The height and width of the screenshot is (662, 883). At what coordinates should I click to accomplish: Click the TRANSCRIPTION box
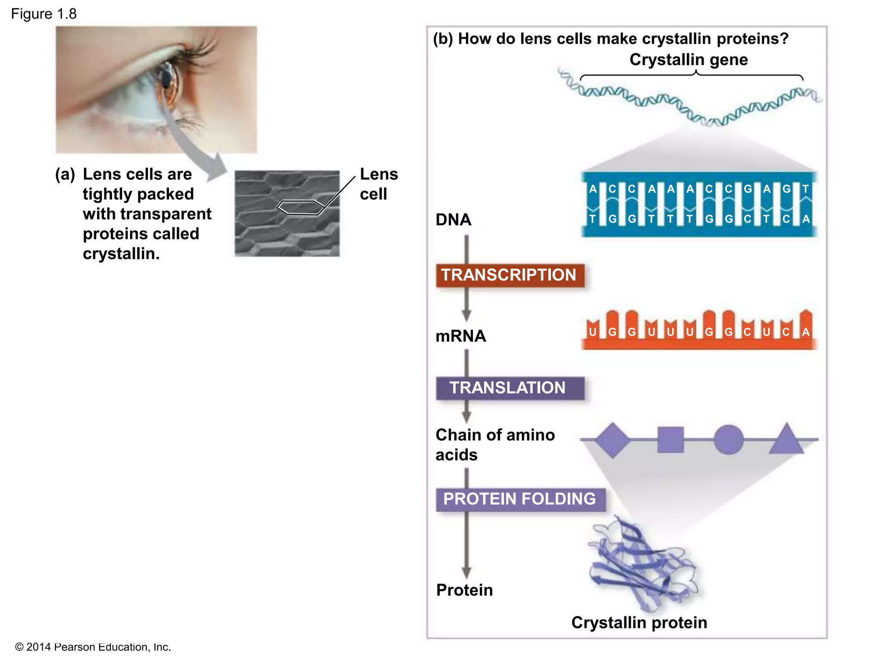(510, 275)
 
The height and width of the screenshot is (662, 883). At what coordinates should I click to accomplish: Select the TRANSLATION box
(510, 388)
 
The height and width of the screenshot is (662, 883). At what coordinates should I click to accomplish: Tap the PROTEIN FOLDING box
(520, 499)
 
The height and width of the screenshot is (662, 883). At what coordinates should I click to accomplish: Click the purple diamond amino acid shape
(613, 440)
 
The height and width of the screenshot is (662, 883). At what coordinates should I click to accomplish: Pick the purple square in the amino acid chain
(670, 440)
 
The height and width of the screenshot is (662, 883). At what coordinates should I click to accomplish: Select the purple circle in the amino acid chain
(728, 440)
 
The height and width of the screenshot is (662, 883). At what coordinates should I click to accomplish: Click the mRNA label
(460, 336)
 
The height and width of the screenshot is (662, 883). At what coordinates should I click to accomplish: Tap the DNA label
(453, 220)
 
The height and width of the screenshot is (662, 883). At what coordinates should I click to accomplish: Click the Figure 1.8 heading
(44, 14)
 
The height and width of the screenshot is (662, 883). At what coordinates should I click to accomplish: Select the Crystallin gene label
(689, 59)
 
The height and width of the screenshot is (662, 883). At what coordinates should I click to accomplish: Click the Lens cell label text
(378, 184)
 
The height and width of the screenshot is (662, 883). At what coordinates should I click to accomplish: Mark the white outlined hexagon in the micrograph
(301, 207)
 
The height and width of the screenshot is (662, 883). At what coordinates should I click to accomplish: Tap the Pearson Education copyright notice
(93, 647)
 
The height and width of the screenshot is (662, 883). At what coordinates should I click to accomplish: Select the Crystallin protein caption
(639, 623)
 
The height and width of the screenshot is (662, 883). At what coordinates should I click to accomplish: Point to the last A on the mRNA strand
(805, 332)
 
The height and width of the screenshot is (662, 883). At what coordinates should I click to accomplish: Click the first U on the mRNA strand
(593, 332)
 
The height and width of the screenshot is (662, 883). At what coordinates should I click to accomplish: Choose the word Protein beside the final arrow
(464, 590)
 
